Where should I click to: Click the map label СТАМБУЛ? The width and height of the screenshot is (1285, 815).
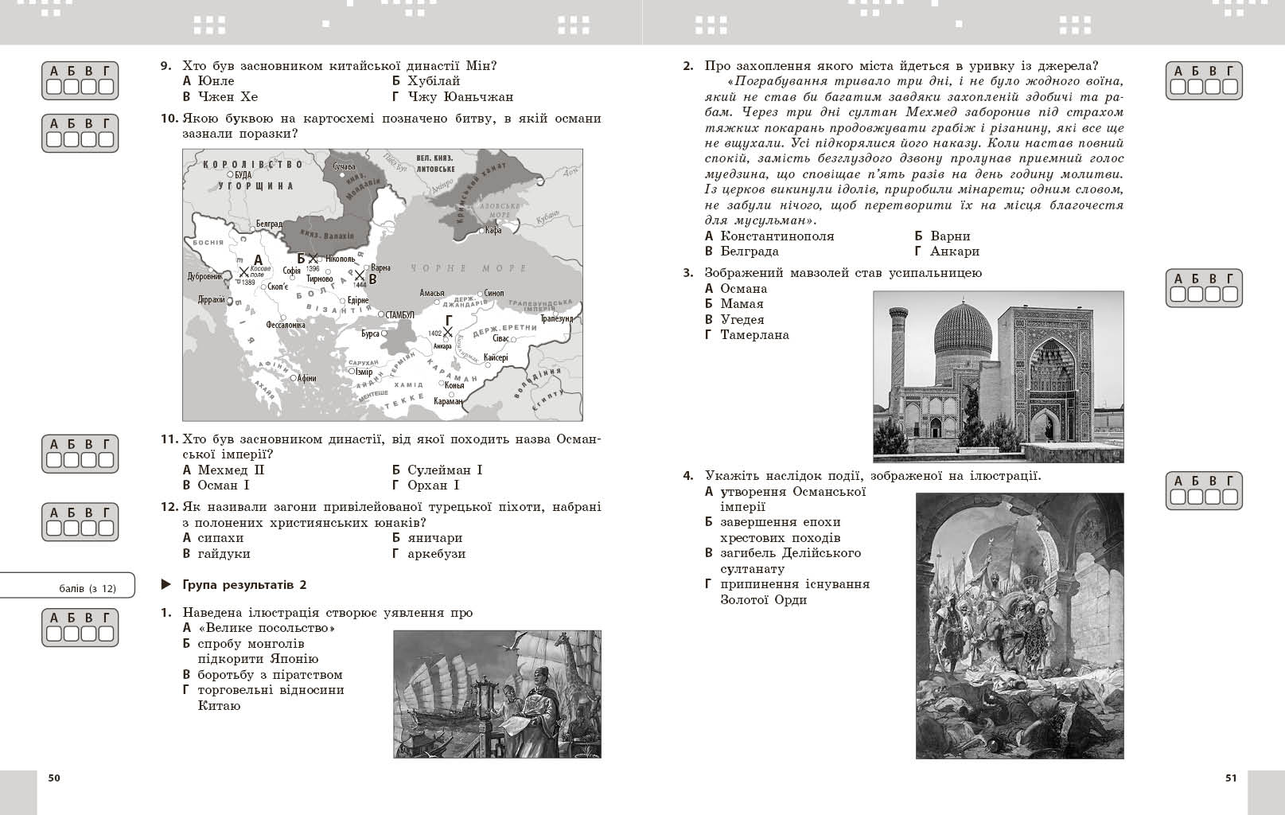tap(399, 314)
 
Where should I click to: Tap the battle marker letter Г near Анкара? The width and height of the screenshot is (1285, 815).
tap(449, 320)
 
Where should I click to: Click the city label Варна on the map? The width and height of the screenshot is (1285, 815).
tap(381, 267)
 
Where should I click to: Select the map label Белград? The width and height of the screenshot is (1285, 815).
tap(269, 224)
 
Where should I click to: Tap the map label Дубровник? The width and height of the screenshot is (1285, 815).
tap(204, 276)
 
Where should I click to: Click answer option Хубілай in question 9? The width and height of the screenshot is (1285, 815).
tap(433, 81)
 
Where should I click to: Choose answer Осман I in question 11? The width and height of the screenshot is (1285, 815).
tap(223, 485)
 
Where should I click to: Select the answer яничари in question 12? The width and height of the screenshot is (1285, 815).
tap(434, 538)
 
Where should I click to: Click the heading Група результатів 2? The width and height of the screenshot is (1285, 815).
tap(244, 585)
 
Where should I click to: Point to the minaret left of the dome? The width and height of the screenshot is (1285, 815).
tap(899, 350)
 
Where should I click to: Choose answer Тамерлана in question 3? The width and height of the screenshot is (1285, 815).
tap(754, 335)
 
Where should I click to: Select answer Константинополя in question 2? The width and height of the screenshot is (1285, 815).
tap(777, 236)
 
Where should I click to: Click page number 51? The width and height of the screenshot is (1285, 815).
tap(1231, 778)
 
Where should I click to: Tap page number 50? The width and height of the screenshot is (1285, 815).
tap(54, 778)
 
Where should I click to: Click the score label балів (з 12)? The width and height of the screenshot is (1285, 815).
tap(88, 589)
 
